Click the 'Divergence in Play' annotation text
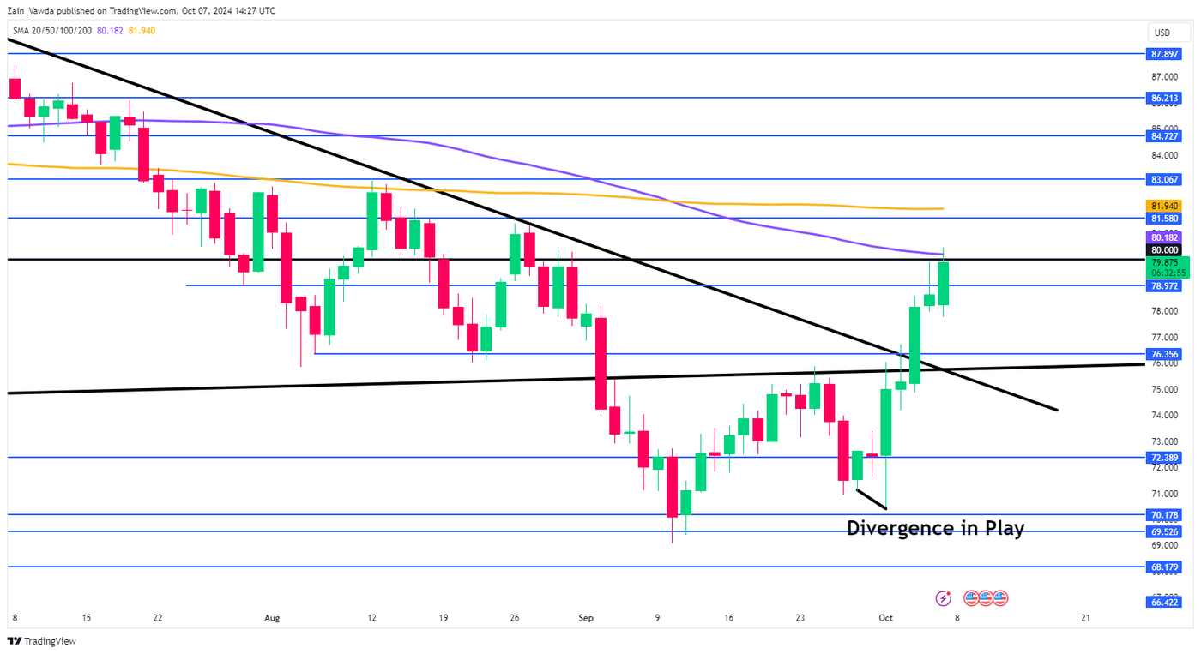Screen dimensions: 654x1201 pos(935,529)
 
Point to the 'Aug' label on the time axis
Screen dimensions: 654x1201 pos(272,617)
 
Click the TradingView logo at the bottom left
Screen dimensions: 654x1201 pos(42,641)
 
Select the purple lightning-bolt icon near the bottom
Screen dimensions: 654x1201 pos(944,598)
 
